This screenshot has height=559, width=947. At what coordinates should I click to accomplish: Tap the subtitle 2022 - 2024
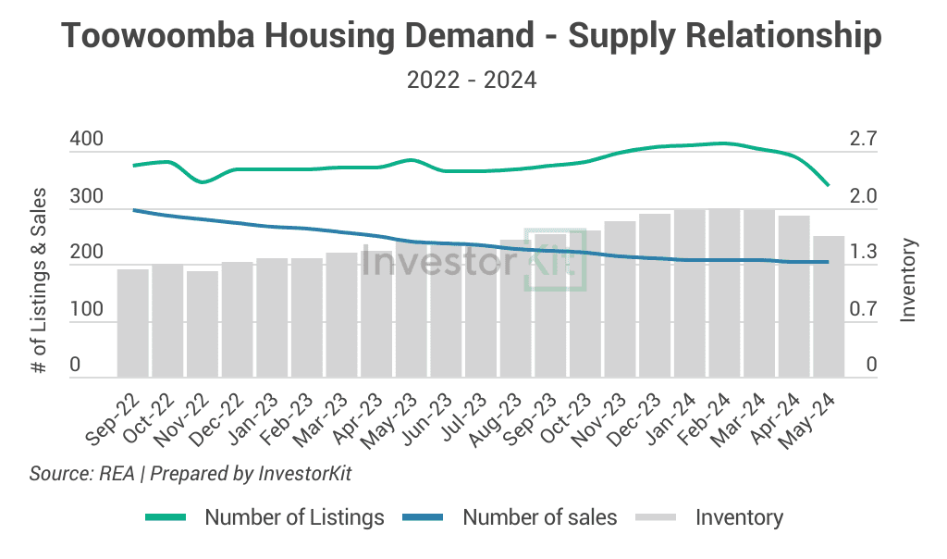coord(472,81)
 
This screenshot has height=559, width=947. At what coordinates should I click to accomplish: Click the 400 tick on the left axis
coord(86,141)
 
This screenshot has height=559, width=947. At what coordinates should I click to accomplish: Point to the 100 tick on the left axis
coord(86,309)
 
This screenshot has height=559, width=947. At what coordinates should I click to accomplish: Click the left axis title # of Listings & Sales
coord(39,279)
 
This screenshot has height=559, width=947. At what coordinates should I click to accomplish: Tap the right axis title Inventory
coord(908,279)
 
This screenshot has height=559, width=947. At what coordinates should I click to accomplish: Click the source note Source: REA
coord(81,474)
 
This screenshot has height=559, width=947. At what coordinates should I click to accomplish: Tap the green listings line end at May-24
coord(828,185)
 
